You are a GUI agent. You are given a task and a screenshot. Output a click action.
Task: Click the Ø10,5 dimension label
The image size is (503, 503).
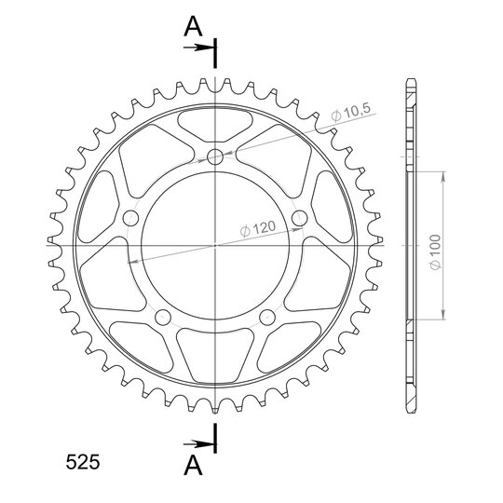[x=351, y=113]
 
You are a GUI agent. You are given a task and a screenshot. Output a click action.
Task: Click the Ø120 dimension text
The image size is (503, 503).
[x=258, y=228]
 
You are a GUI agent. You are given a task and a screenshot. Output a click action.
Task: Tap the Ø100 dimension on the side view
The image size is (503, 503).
[x=435, y=252]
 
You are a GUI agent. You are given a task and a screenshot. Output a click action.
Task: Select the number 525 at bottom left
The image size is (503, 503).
[x=83, y=462]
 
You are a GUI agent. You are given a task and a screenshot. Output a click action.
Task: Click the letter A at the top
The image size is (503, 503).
[x=193, y=26]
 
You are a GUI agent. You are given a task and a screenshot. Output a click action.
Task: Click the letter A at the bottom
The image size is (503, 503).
[x=193, y=466]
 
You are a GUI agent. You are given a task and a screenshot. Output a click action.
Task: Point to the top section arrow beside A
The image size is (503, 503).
[x=198, y=48]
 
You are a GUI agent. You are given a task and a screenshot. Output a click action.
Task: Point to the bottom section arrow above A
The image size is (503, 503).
[x=198, y=444]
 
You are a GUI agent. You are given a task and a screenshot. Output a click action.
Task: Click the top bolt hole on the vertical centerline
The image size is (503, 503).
[x=215, y=156]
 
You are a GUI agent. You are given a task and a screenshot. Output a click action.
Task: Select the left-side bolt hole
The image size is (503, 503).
[x=130, y=218]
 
